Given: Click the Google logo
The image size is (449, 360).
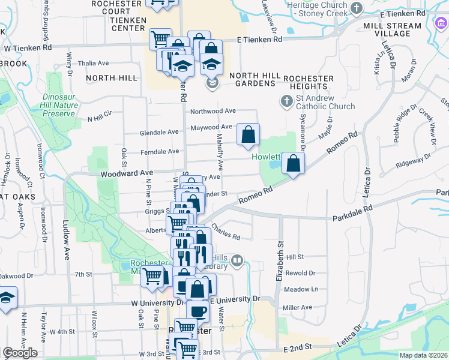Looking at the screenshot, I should point(20,353).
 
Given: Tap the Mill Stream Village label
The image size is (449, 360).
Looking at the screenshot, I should point(401,30).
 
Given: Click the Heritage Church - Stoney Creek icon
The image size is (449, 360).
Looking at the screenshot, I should point(357,8).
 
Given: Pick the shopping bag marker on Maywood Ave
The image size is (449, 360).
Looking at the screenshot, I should point(248,134).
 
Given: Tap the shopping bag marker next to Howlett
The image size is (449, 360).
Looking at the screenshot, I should point(293,163).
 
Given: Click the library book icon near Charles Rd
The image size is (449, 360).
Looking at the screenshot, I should point(237,260).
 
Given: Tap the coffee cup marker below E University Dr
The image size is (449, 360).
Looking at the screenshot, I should point(197,311).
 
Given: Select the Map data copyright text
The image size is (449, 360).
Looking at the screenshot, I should point(424,355).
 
